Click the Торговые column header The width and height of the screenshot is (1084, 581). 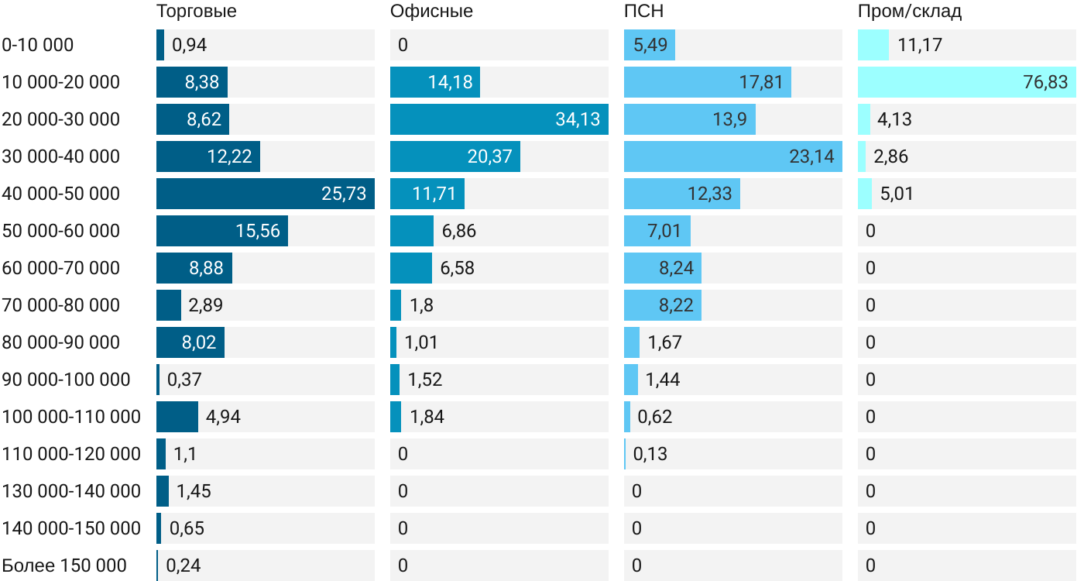tap(197, 12)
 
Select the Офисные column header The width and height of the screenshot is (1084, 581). tap(431, 12)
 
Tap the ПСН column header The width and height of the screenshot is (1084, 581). tap(643, 12)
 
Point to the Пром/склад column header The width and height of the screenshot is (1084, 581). tap(910, 12)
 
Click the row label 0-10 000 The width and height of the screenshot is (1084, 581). tap(38, 45)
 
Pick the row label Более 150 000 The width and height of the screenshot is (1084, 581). tap(64, 566)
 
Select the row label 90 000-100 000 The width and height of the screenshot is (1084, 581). tap(67, 380)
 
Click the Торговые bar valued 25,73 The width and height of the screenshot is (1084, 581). tap(265, 194)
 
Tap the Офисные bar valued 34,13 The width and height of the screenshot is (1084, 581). tap(499, 119)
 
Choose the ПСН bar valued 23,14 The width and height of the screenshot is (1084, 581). tap(732, 156)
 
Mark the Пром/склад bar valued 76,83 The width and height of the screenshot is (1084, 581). tap(966, 82)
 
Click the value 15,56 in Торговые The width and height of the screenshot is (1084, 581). tap(258, 231)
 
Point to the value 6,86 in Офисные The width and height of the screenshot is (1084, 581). tap(458, 231)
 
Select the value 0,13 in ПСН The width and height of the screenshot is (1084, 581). tap(650, 454)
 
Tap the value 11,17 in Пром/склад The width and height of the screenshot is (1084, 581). tap(920, 45)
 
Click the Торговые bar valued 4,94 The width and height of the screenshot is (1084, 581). tap(177, 417)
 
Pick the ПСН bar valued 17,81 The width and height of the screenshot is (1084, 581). tap(707, 82)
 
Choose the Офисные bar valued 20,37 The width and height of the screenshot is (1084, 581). tap(455, 156)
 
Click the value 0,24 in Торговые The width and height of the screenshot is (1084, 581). tap(184, 566)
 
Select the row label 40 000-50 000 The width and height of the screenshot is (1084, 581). tap(61, 194)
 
